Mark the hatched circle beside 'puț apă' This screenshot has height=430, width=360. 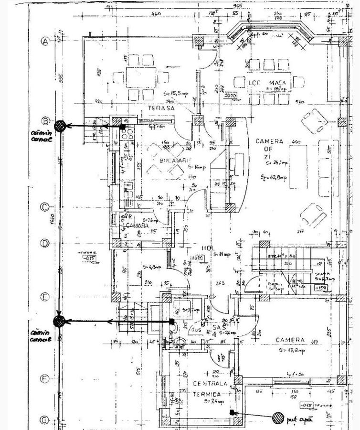pyautogui.click(x=278, y=418)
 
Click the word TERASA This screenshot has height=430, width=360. pyautogui.click(x=161, y=109)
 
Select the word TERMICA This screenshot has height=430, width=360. pyautogui.click(x=207, y=394)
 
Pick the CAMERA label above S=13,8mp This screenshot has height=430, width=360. pyautogui.click(x=290, y=340)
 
